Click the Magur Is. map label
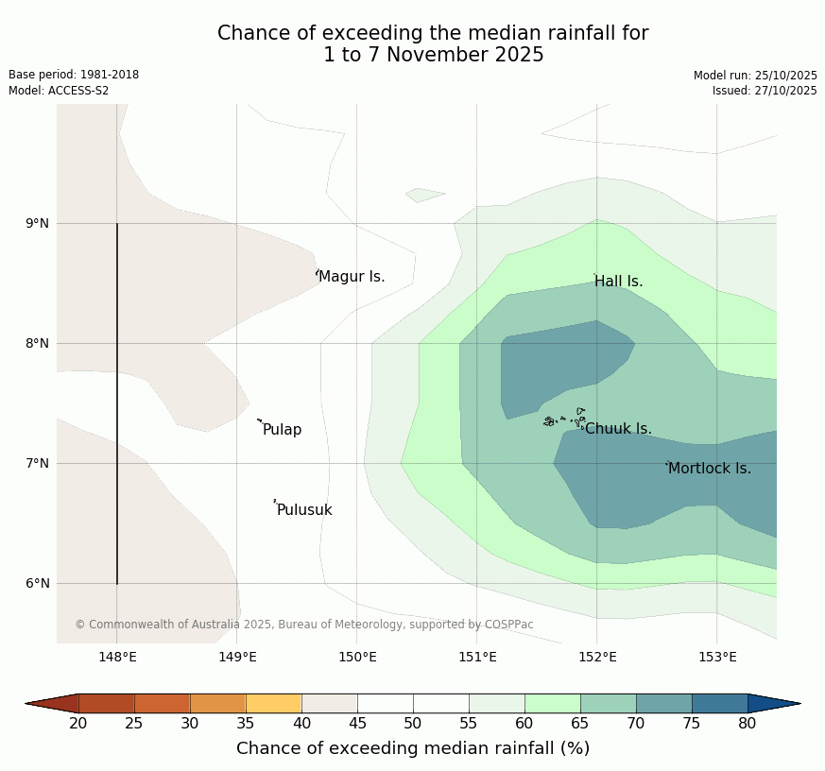pyautogui.click(x=352, y=277)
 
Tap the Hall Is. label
pyautogui.click(x=619, y=282)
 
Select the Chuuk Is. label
pyautogui.click(x=618, y=429)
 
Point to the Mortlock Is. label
pyautogui.click(x=710, y=469)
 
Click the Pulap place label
pyautogui.click(x=282, y=430)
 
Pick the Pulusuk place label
pyautogui.click(x=304, y=510)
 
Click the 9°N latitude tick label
pyautogui.click(x=38, y=223)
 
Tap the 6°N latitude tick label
pyautogui.click(x=38, y=583)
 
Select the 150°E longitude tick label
pyautogui.click(x=357, y=658)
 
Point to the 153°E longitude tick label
pyautogui.click(x=717, y=658)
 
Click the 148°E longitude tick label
pyautogui.click(x=117, y=658)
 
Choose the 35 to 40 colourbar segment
pyautogui.click(x=274, y=703)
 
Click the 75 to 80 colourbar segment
pyautogui.click(x=720, y=703)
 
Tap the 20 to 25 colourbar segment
pyautogui.click(x=107, y=703)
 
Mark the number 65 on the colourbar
pyautogui.click(x=580, y=724)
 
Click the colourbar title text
pyautogui.click(x=413, y=748)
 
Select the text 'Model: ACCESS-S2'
pyautogui.click(x=59, y=91)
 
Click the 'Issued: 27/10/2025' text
pyautogui.click(x=765, y=91)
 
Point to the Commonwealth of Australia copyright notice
pyautogui.click(x=304, y=625)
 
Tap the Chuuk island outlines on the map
pyautogui.click(x=565, y=419)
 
